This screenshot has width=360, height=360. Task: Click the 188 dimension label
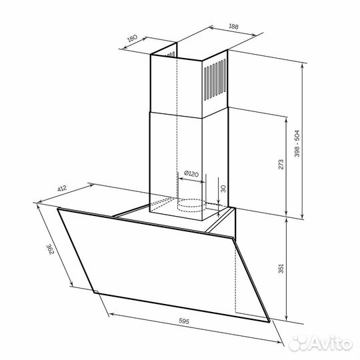pos(233,27)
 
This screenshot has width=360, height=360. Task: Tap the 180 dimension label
pos(132,39)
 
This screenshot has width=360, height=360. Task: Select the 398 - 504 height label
pos(297,143)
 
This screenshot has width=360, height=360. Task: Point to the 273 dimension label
pos(281,164)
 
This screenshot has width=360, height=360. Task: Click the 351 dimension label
pos(281,269)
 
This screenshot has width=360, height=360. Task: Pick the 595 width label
pos(184,321)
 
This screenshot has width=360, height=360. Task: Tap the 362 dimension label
pos(50,249)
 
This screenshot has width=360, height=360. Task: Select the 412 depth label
pos(62,189)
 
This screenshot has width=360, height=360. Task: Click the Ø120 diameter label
pos(191,174)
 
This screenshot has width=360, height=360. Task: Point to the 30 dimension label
pos(223,189)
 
